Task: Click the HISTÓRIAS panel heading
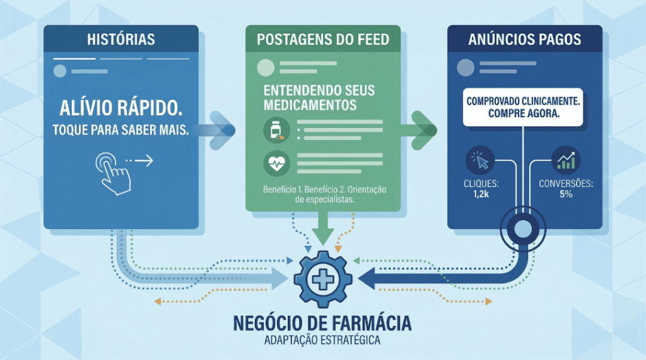(x=120, y=40)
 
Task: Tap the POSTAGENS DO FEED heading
(x=323, y=40)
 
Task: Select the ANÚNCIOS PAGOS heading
(x=525, y=40)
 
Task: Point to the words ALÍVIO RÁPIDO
(x=120, y=107)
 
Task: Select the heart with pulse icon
(x=276, y=165)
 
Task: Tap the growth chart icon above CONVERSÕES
(x=565, y=161)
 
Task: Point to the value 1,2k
(x=481, y=194)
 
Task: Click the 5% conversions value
(x=565, y=194)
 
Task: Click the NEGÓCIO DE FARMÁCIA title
(x=322, y=323)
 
